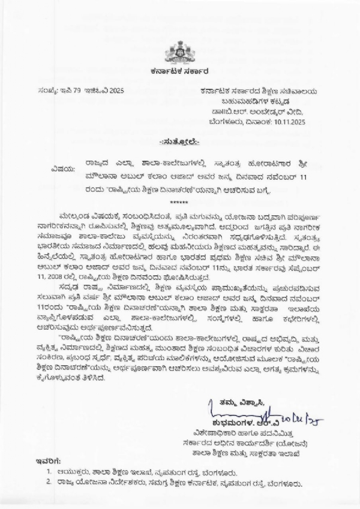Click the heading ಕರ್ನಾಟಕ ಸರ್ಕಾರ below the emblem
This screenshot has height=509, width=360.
pyautogui.click(x=179, y=70)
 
